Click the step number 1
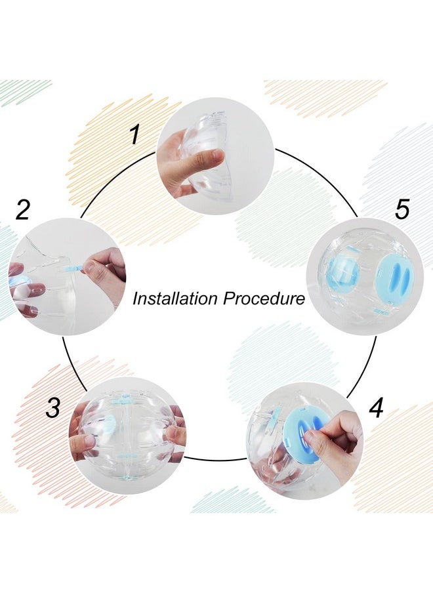tap(134, 135)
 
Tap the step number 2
tap(23, 210)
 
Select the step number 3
tap(53, 407)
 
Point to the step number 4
tap(375, 407)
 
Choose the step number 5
tap(402, 210)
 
